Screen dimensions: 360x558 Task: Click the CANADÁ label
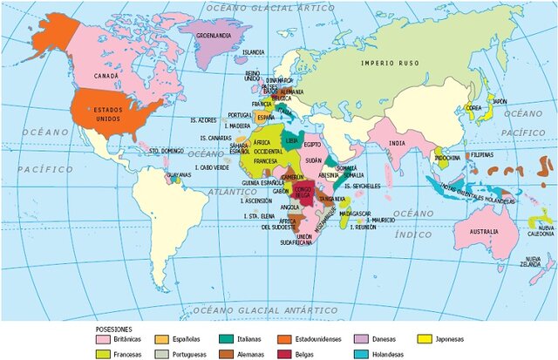coord(105,76)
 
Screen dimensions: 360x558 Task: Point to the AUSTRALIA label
coord(484,232)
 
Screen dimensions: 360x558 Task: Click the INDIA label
coord(398,143)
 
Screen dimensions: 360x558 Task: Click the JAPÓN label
coord(499,102)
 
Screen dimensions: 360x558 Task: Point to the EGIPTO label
coord(314,145)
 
